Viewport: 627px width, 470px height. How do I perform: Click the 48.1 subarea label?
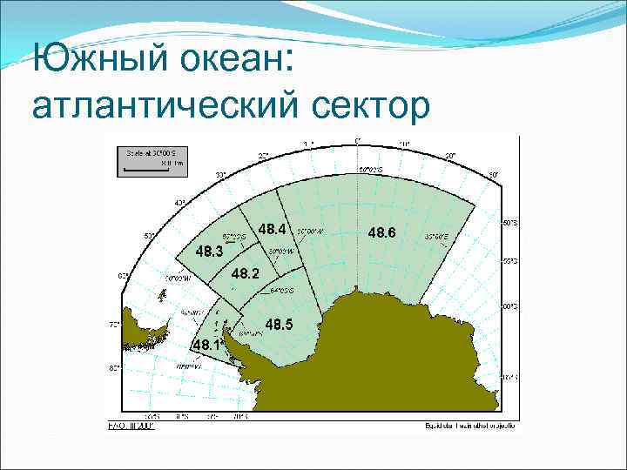(x=208, y=346)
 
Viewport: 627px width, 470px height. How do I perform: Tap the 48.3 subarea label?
(x=209, y=251)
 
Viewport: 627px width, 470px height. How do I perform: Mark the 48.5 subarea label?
(x=279, y=325)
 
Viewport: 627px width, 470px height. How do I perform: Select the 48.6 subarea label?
(x=381, y=232)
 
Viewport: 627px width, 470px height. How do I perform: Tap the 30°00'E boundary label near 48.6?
(x=438, y=235)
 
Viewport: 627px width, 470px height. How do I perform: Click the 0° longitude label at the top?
(x=358, y=140)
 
